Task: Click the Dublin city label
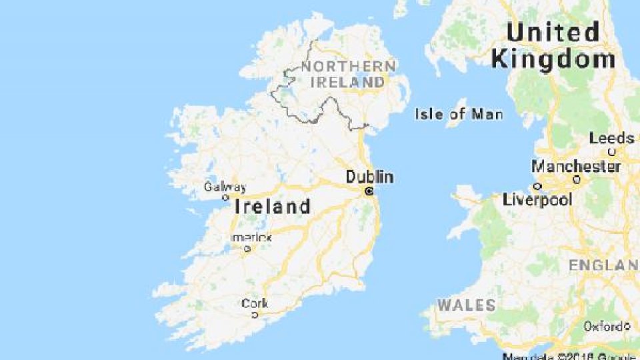(x=369, y=177)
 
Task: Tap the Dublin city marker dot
(x=369, y=191)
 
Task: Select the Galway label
(x=225, y=187)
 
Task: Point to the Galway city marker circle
(x=225, y=197)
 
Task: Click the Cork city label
(x=255, y=304)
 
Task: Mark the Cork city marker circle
(x=255, y=315)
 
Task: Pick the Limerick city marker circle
(x=247, y=249)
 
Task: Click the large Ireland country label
(x=273, y=207)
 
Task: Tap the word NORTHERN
(x=348, y=67)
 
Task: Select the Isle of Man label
(x=459, y=114)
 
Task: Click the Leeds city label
(x=611, y=139)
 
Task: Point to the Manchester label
(x=576, y=166)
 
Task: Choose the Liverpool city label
(x=537, y=200)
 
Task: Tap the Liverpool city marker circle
(x=537, y=187)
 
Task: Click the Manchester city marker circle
(x=577, y=179)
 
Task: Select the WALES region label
(x=467, y=305)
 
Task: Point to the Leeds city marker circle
(x=613, y=151)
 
